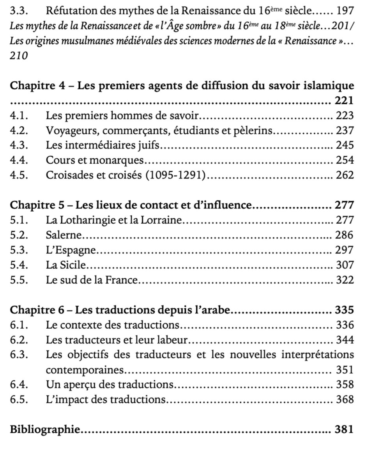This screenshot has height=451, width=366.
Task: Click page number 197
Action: (345, 10)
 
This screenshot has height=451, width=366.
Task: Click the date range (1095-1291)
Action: (175, 175)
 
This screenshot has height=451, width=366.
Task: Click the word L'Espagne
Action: (71, 250)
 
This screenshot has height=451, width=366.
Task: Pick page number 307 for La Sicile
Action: (345, 265)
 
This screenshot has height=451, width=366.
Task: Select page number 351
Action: (345, 370)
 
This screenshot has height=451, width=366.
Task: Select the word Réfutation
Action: (69, 10)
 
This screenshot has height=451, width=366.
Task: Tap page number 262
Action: (345, 175)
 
